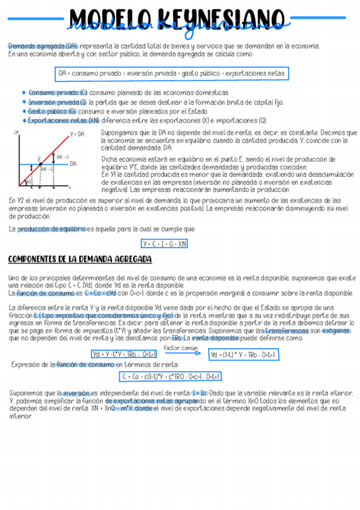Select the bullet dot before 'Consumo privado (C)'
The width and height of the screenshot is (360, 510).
tap(23, 93)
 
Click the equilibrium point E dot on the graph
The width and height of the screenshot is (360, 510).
tap(40, 164)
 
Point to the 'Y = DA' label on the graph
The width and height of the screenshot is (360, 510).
tap(78, 134)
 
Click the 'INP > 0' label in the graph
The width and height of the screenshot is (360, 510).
tap(63, 156)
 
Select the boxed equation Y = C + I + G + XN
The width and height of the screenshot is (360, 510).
tap(164, 244)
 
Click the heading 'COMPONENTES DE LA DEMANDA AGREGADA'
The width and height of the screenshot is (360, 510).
tap(80, 259)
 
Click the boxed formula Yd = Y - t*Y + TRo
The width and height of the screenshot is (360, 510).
tap(115, 354)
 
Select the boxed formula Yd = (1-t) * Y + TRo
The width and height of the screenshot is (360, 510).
tap(243, 355)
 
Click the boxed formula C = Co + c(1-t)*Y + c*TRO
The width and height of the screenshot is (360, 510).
tap(171, 377)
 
